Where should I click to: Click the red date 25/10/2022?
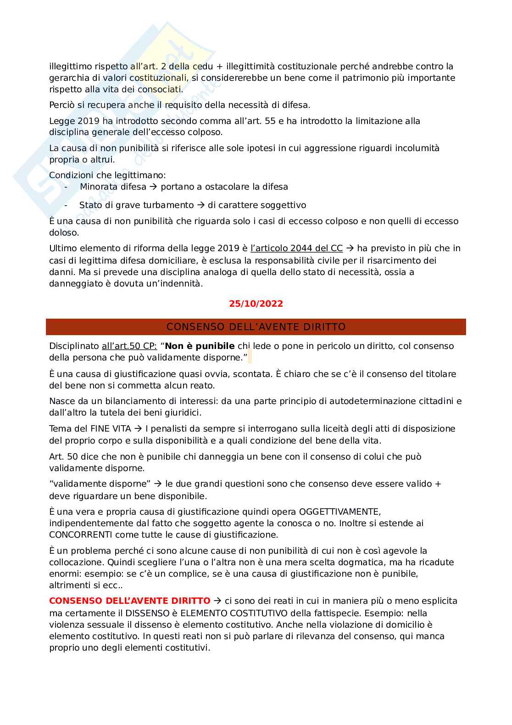[256, 304]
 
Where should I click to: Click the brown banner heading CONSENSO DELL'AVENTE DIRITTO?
[256, 327]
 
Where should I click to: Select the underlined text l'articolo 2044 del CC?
[296, 248]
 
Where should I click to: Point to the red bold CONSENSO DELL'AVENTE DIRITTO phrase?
[130, 601]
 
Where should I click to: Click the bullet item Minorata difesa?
[113, 187]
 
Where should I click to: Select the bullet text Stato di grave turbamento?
[136, 205]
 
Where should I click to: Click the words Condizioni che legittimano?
[107, 175]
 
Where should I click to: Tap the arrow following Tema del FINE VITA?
[138, 429]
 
